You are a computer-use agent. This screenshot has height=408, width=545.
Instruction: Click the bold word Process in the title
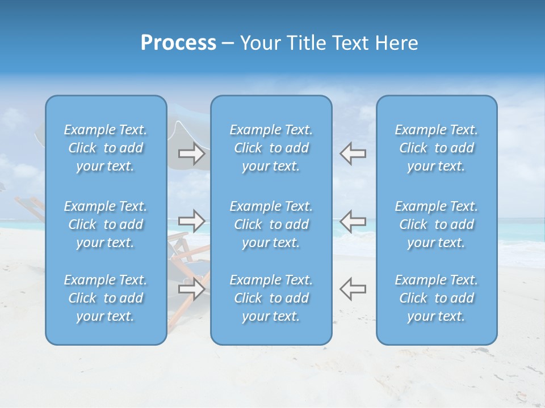click(x=178, y=43)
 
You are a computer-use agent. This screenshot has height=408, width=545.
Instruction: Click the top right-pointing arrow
click(x=192, y=154)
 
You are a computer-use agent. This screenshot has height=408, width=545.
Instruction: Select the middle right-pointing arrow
click(x=192, y=221)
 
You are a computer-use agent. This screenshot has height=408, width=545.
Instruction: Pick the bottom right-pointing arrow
click(x=192, y=288)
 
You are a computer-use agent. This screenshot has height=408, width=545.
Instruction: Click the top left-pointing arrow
click(x=353, y=154)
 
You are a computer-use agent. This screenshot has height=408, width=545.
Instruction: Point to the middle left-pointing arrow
click(x=353, y=221)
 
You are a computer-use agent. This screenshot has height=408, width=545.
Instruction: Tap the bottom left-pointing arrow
click(x=353, y=288)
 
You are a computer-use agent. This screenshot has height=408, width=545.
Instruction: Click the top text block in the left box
click(x=106, y=148)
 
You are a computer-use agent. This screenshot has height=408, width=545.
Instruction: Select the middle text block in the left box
click(x=106, y=224)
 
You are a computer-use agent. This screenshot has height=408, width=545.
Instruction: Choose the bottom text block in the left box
click(x=106, y=298)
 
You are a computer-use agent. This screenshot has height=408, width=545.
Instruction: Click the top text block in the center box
click(x=271, y=148)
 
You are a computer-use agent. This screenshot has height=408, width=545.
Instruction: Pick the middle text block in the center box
click(x=271, y=224)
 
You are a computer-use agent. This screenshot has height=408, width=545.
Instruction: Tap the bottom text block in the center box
click(x=271, y=298)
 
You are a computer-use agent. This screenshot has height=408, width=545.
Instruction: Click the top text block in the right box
click(x=437, y=148)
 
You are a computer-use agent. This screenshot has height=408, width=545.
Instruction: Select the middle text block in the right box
click(x=437, y=224)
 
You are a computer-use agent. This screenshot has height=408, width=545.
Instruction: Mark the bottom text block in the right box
click(x=437, y=298)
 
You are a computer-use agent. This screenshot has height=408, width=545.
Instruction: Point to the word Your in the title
click(x=258, y=43)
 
